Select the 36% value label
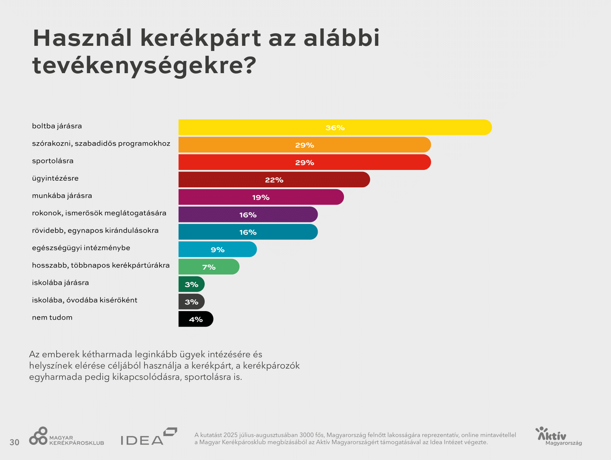point(335,128)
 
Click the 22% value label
point(274,180)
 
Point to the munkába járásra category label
point(62,195)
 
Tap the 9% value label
point(217,250)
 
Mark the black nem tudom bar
point(196,319)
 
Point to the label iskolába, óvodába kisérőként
point(85,300)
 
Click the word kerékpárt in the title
point(201,38)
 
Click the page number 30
point(14,442)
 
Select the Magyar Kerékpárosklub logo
point(66,436)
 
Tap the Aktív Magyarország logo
point(558,436)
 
